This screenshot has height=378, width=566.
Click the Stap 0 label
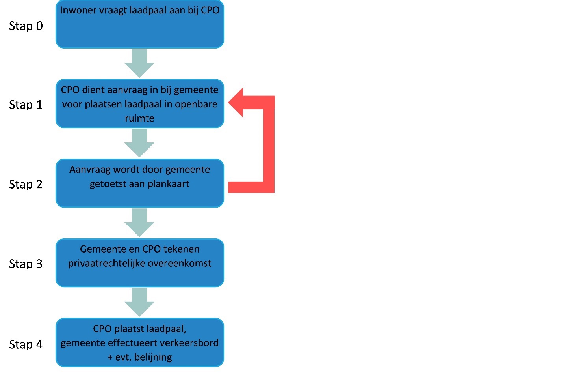[x=26, y=26]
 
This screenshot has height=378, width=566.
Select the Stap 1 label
[x=26, y=105]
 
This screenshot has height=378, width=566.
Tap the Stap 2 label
[x=26, y=184]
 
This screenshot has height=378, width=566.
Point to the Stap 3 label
[x=26, y=264]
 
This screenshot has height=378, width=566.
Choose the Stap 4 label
[x=26, y=344]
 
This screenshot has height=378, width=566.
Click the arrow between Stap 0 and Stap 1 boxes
[x=139, y=64]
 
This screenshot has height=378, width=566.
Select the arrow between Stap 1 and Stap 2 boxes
[x=139, y=143]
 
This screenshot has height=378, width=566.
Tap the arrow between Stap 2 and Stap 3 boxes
[x=139, y=223]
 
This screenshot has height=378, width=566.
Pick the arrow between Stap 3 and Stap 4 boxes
[x=139, y=302]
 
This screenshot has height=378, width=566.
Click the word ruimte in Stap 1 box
[x=139, y=118]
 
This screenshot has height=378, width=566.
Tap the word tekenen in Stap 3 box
[x=181, y=249]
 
